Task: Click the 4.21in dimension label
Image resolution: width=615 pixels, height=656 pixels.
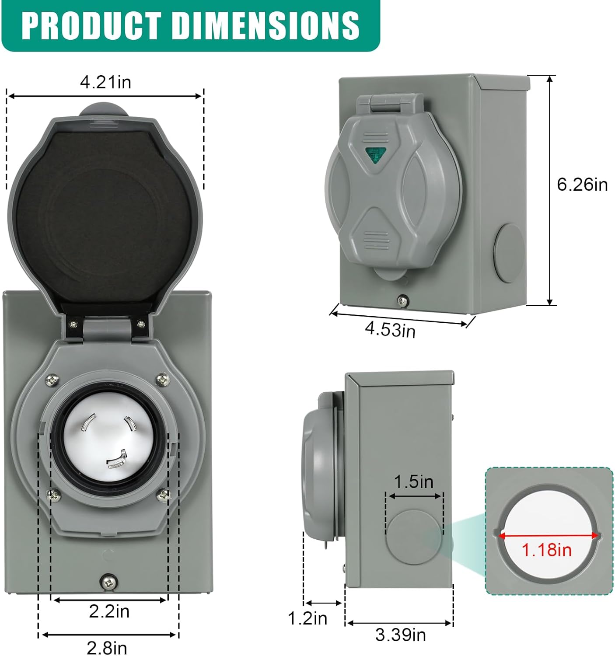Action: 105,82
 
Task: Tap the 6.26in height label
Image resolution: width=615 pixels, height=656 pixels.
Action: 582,185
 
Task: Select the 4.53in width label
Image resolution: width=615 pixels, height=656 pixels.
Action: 390,329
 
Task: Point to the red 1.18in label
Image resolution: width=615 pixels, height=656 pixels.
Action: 546,550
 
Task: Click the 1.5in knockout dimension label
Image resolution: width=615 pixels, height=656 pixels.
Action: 413,482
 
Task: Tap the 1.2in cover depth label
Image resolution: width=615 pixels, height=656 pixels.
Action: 307,618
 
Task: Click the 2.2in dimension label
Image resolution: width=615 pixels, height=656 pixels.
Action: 109,611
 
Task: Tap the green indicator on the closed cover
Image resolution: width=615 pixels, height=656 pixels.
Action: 375,154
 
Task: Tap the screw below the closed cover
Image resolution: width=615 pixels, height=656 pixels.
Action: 402,300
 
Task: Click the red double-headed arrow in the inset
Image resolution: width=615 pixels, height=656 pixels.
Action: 549,535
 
